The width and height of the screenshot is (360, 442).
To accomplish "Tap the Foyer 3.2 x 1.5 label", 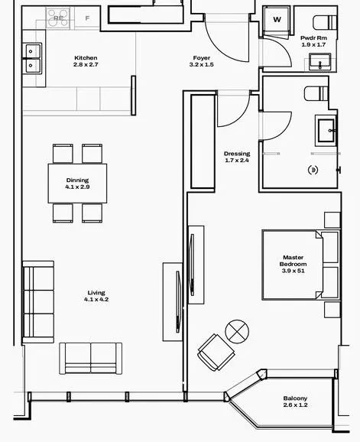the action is point(202,61).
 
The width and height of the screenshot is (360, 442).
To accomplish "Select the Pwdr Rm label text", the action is point(313,37).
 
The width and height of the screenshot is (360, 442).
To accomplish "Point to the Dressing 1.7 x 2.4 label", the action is point(237,157).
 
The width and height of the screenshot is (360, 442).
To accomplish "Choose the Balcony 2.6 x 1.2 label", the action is point(295,401).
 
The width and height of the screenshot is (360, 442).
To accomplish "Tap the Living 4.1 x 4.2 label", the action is point(96,296).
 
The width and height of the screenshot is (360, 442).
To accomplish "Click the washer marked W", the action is point(277,21).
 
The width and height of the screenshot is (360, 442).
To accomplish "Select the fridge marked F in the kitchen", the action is point(87,18).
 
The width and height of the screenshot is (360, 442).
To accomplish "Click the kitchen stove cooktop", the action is point(58,18).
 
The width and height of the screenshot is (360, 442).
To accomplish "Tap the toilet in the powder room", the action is point(325,22).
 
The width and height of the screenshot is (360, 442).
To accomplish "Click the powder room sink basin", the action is point(319,62).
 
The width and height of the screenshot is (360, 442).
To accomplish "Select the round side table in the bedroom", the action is point(237,332).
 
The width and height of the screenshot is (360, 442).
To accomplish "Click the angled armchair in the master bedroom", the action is point(216,352).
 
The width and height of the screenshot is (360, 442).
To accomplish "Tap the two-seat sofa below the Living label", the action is point(91,359).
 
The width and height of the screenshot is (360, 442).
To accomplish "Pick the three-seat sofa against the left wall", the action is point(38,302).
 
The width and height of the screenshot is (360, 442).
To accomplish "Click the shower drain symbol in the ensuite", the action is point(313,170).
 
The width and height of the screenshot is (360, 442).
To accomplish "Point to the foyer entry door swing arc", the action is point(222,48).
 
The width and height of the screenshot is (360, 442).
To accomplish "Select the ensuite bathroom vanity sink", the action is point(326,131).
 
